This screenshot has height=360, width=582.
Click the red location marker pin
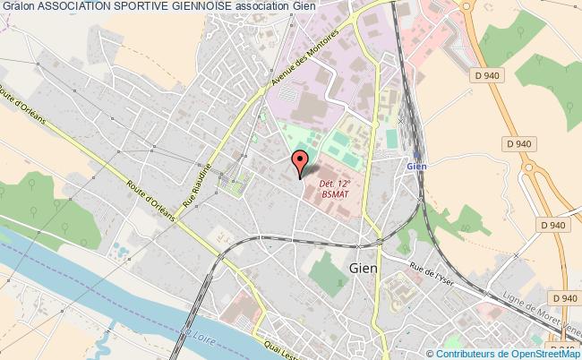coord(300,162)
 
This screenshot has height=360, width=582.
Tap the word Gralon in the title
coord(18,7)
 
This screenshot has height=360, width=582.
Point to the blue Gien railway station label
coord(415,166)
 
